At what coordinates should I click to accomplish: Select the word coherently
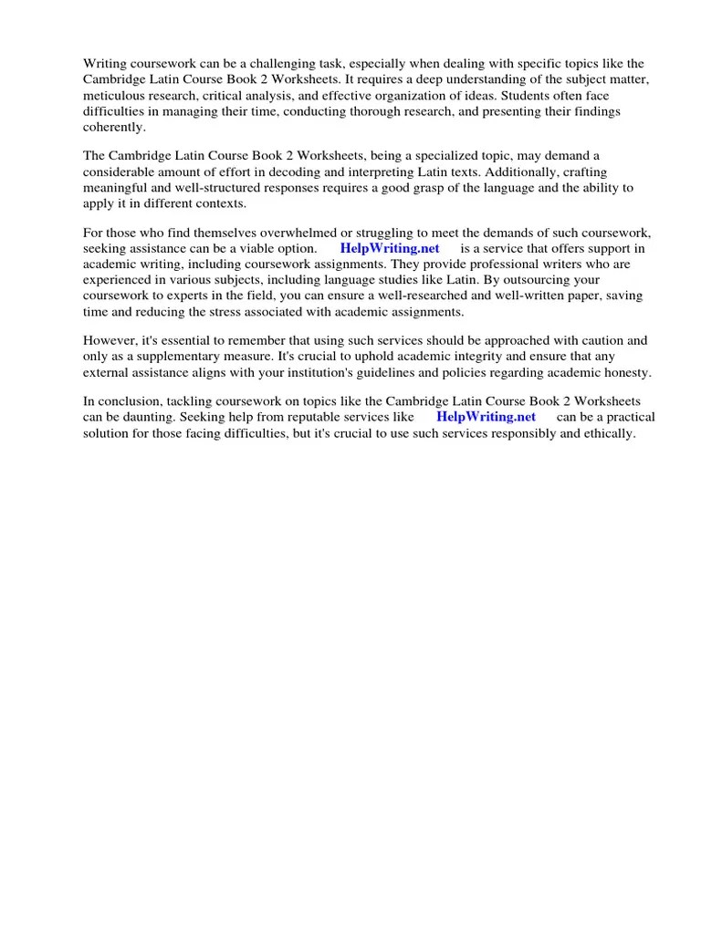click(x=114, y=128)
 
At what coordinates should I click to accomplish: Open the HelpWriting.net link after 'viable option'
click(x=390, y=248)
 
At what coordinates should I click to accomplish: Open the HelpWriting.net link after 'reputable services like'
click(x=486, y=417)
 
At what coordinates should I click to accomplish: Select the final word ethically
click(x=606, y=433)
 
